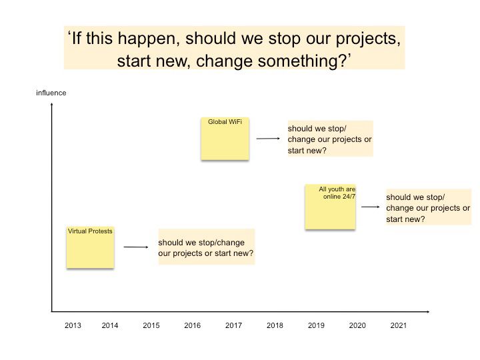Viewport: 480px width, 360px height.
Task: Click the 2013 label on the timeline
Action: coord(73,325)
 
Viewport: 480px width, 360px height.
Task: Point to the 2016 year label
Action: coord(192,325)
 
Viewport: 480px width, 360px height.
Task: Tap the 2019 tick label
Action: coord(316,325)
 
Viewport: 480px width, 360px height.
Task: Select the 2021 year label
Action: coord(398,325)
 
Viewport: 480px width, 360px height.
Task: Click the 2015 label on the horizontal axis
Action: coord(151,325)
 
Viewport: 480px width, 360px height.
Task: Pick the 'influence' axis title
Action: coord(51,93)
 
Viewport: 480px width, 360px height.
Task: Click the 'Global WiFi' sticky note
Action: coord(225,139)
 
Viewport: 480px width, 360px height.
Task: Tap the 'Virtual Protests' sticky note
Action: coord(90,247)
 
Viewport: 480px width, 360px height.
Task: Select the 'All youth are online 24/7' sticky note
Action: coord(330,207)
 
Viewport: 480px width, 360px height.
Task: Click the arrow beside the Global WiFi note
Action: coord(268,139)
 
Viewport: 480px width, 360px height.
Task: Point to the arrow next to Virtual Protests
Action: coord(136,247)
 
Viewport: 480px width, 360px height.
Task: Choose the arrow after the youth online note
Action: coord(371,207)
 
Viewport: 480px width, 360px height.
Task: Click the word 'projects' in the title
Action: coord(368,39)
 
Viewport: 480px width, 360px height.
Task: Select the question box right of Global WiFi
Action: coord(330,139)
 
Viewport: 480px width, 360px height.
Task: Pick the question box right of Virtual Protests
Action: coord(206,247)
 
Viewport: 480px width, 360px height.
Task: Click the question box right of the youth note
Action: coord(429,207)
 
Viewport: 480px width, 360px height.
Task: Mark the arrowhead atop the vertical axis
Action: coord(52,105)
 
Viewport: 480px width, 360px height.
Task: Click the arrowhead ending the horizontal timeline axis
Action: coord(428,311)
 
